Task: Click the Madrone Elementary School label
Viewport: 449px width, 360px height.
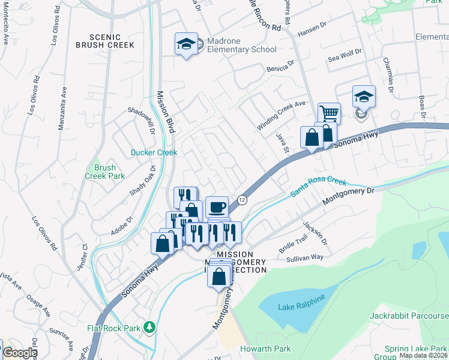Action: pyautogui.click(x=241, y=45)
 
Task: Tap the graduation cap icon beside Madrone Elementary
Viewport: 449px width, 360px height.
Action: pyautogui.click(x=186, y=44)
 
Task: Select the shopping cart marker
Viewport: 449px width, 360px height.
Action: pyautogui.click(x=329, y=113)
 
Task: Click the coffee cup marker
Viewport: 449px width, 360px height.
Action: pyautogui.click(x=217, y=208)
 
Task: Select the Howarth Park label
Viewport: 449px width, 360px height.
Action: pyautogui.click(x=265, y=349)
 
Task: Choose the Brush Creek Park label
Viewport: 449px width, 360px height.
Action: pyautogui.click(x=104, y=172)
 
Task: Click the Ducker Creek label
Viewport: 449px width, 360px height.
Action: pyautogui.click(x=154, y=152)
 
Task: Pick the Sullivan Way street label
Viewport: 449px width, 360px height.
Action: pyautogui.click(x=304, y=257)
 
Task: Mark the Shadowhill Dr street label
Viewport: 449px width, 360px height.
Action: pyautogui.click(x=142, y=120)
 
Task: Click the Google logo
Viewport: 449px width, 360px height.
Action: pyautogui.click(x=19, y=353)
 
